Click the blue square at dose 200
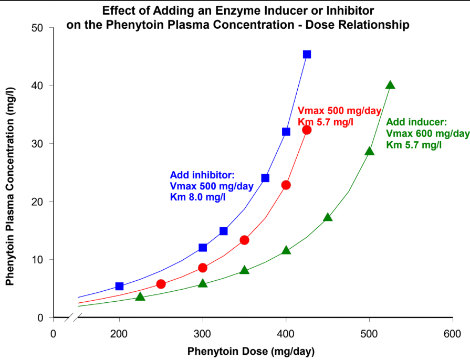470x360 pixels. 119,286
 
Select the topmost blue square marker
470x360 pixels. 307,54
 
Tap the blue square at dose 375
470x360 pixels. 265,178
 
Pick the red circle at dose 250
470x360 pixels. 161,284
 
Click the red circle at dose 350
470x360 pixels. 244,240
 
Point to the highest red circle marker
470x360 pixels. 307,130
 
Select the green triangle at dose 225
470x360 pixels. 140,297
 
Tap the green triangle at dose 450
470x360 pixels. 328,217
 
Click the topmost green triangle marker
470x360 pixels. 390,85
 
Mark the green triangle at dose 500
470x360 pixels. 369,151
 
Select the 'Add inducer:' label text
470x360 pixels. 416,122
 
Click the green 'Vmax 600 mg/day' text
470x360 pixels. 427,133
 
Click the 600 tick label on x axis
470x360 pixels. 452,334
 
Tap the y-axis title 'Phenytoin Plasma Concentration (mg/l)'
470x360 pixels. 10,172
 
